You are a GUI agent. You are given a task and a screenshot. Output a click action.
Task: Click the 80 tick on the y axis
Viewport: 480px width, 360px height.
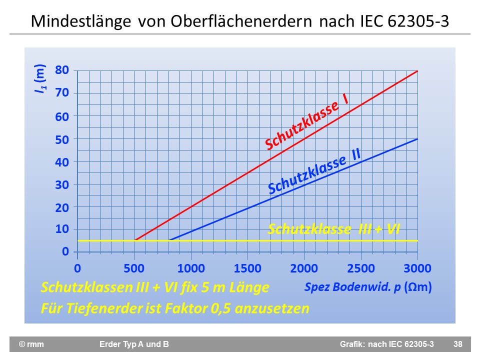pyautogui.click(x=62, y=70)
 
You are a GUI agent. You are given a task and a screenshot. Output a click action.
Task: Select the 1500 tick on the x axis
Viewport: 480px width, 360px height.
pyautogui.click(x=247, y=268)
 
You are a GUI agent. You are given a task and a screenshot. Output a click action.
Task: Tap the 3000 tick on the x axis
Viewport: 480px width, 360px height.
pyautogui.click(x=417, y=268)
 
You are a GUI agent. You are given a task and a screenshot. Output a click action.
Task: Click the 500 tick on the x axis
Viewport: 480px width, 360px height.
pyautogui.click(x=134, y=268)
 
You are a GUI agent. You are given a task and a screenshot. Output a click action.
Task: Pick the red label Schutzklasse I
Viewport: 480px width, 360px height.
pyautogui.click(x=306, y=121)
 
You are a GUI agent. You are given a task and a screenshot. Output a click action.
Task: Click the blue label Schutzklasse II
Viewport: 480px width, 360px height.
pyautogui.click(x=314, y=171)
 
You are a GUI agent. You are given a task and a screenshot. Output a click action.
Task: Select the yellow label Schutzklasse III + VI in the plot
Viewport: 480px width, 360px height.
pyautogui.click(x=334, y=229)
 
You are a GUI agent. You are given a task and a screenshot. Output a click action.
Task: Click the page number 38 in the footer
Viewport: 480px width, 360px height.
pyautogui.click(x=457, y=344)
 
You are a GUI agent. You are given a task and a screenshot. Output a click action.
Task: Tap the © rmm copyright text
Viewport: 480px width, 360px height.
pyautogui.click(x=31, y=344)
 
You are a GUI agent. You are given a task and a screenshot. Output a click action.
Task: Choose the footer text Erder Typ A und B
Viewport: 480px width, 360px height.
pyautogui.click(x=134, y=344)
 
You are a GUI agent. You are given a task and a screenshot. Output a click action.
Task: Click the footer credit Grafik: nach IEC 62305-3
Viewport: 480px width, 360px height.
pyautogui.click(x=386, y=344)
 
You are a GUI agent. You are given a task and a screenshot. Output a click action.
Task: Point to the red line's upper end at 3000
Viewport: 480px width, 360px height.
pyautogui.click(x=417, y=70)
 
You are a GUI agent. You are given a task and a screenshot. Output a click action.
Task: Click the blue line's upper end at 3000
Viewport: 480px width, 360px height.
pyautogui.click(x=417, y=139)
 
